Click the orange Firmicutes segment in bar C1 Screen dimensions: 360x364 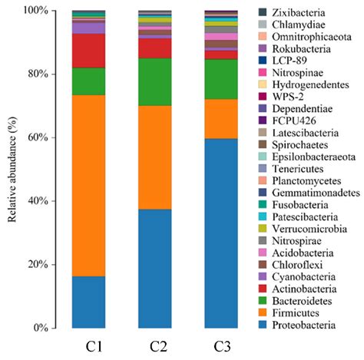pyautogui.click(x=88, y=184)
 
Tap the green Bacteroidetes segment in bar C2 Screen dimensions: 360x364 pyautogui.click(x=155, y=81)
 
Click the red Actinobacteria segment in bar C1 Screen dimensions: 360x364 pyautogui.click(x=88, y=51)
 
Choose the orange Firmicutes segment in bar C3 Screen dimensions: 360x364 pyautogui.click(x=221, y=118)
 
